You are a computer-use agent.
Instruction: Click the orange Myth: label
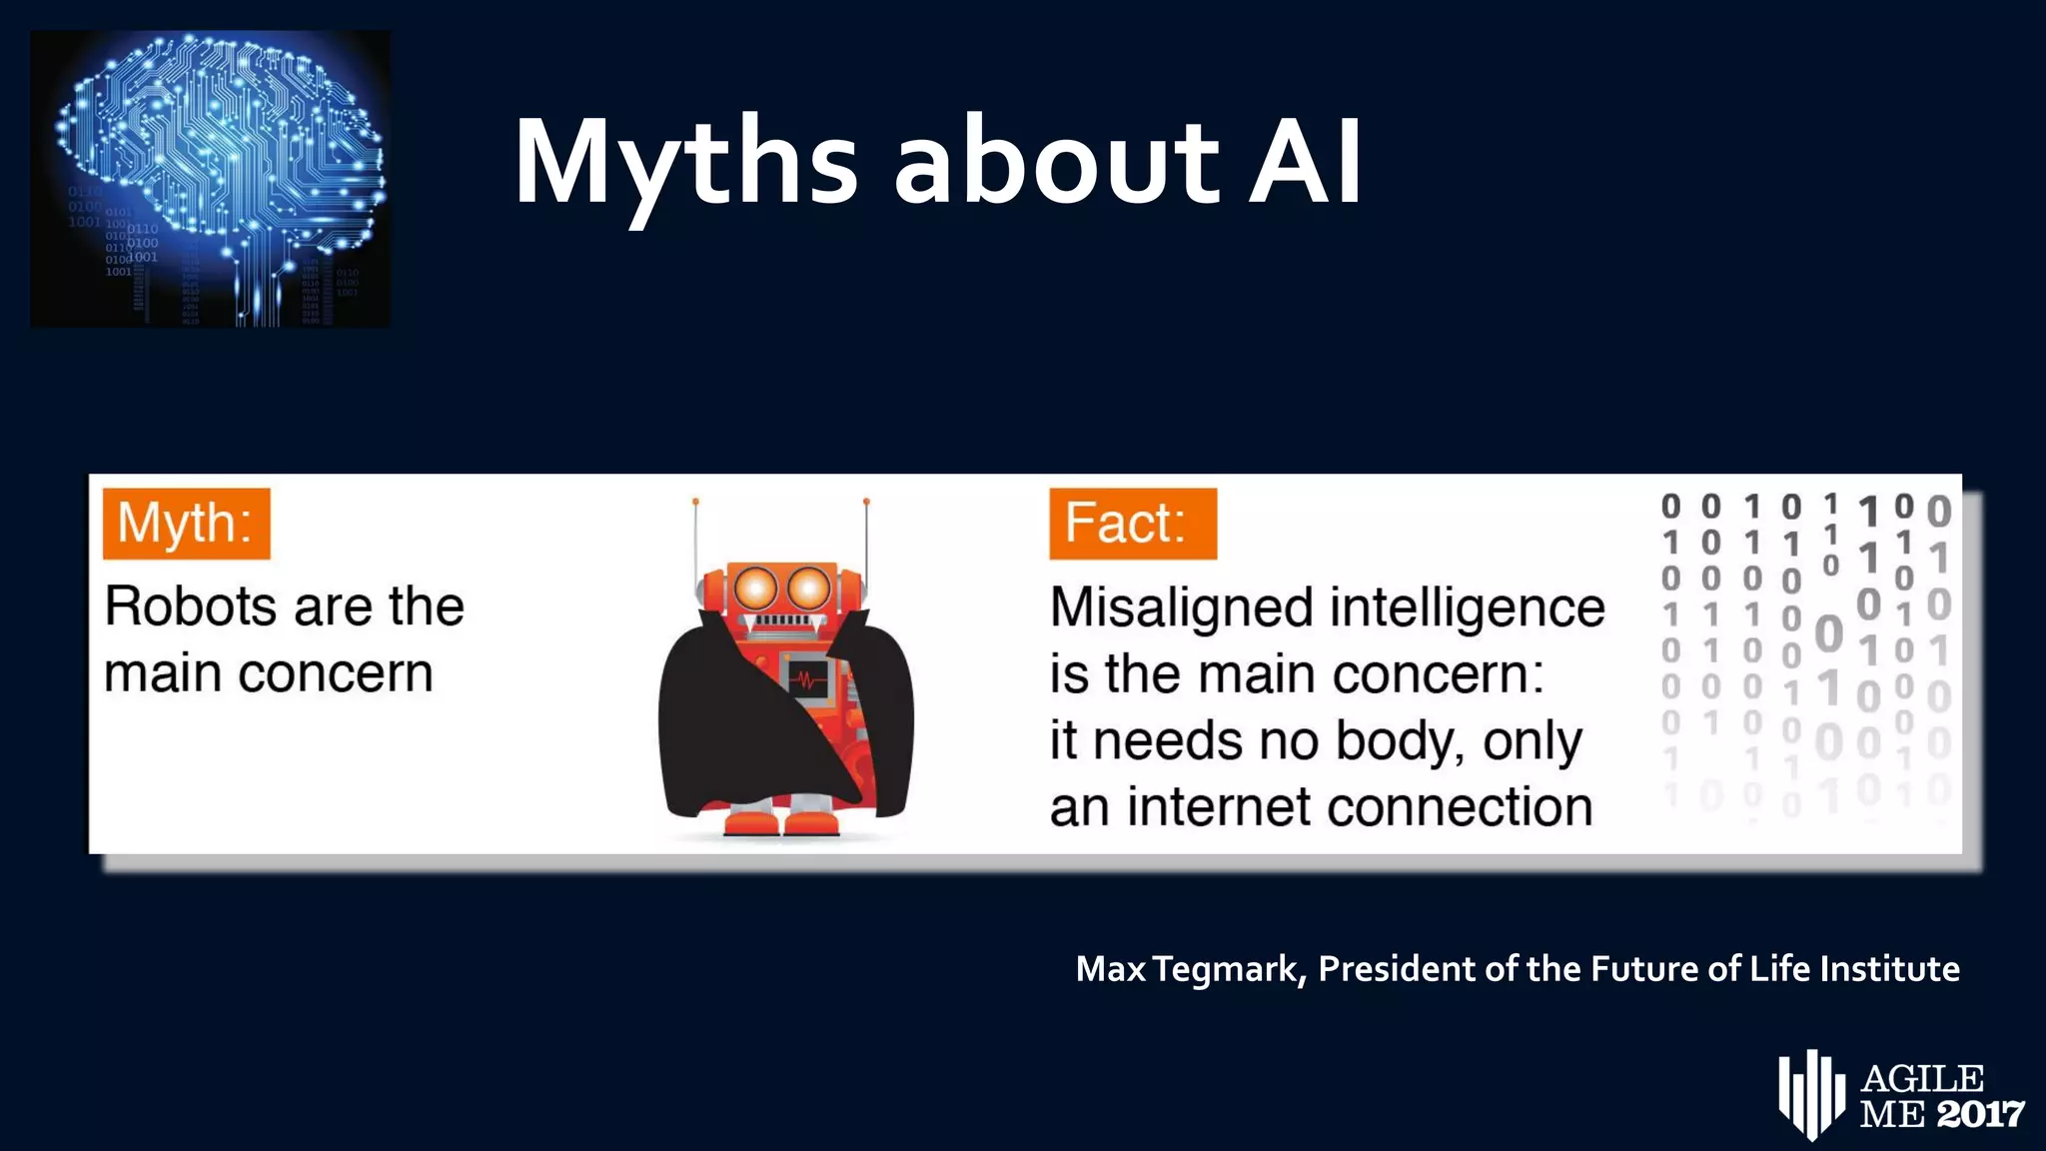point(186,524)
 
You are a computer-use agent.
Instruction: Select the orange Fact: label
point(1132,524)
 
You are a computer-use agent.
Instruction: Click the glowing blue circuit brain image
point(211,178)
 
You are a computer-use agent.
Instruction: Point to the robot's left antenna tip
point(695,502)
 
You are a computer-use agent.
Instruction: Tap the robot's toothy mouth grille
point(782,621)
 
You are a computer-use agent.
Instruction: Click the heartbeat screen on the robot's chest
point(809,680)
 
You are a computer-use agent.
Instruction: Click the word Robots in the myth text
point(190,606)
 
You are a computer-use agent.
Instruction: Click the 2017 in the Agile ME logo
point(1981,1114)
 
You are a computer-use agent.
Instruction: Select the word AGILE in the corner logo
point(1923,1079)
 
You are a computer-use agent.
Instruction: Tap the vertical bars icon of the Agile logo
point(1809,1093)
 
